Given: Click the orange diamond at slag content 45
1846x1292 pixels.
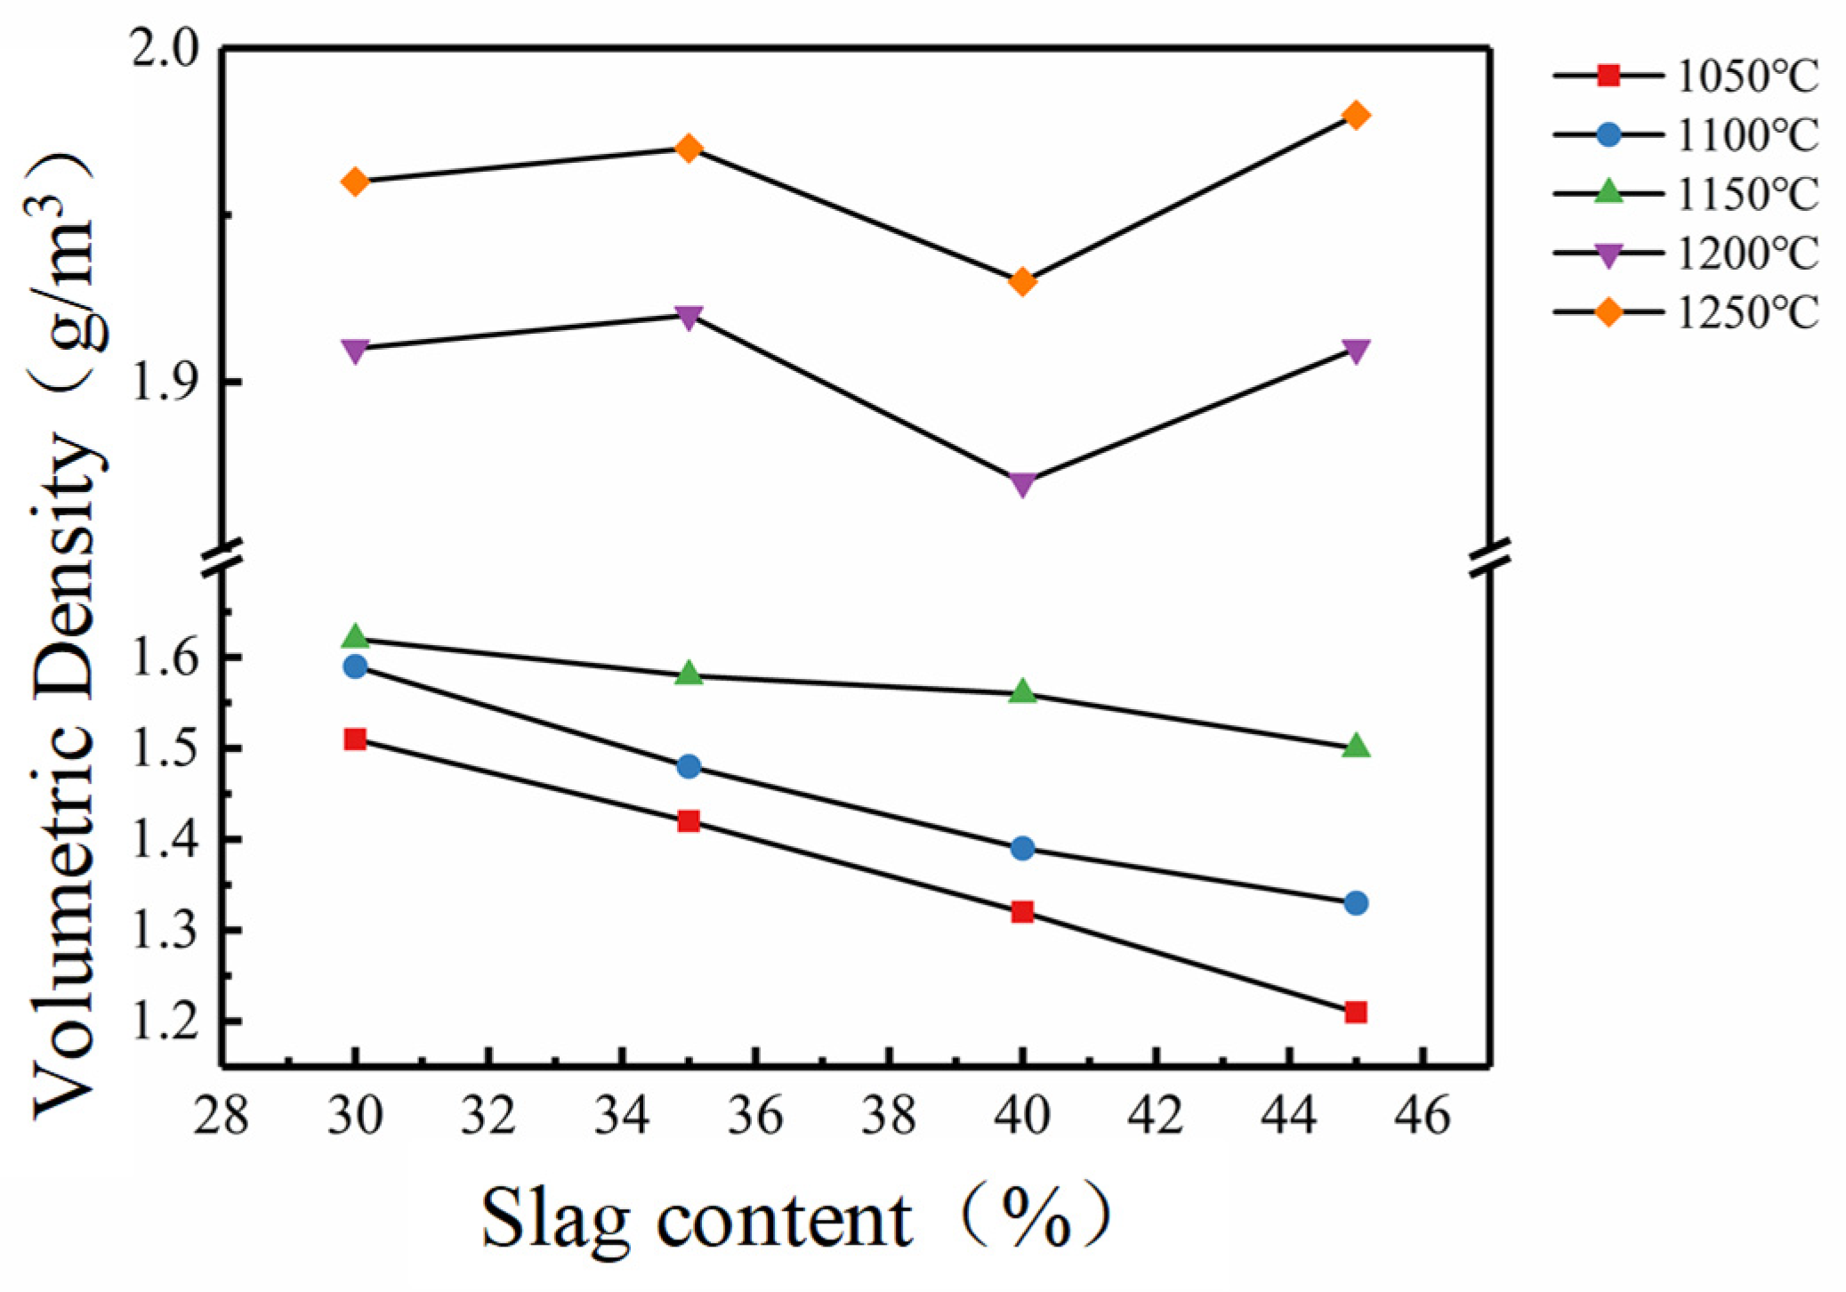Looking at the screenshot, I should click(x=1356, y=115).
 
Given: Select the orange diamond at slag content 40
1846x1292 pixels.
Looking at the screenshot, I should click(x=1022, y=282).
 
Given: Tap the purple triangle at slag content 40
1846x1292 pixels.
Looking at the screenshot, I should click(x=1022, y=483).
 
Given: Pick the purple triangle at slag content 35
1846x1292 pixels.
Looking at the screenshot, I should click(x=689, y=316).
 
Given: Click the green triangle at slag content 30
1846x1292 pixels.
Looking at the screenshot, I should click(x=355, y=636).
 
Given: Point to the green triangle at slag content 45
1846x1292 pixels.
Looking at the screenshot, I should click(x=1356, y=746).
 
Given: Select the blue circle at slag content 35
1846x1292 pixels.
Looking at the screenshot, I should click(x=689, y=766).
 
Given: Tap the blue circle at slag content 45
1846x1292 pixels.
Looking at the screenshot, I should click(x=1356, y=903).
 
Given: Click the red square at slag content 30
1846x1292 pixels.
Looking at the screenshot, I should click(x=355, y=739).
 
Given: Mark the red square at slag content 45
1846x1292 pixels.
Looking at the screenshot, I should click(x=1356, y=1012).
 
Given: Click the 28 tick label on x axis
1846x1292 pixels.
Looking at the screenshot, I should click(x=221, y=1116).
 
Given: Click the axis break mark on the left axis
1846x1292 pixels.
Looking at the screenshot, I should click(x=222, y=558).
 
